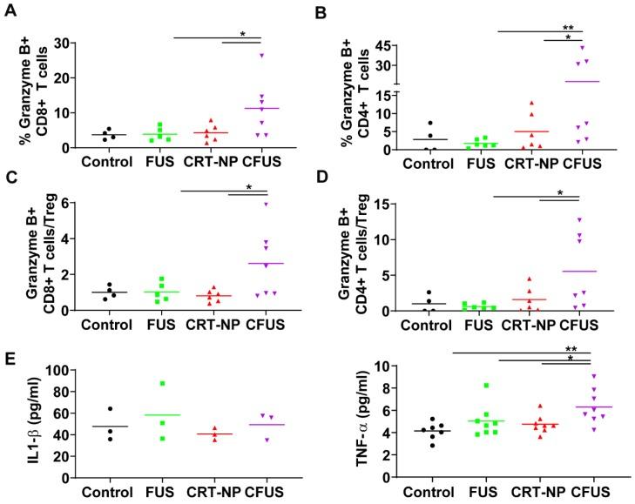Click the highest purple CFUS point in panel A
point(260,55)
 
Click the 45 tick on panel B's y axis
point(394,46)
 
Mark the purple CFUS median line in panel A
point(260,108)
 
